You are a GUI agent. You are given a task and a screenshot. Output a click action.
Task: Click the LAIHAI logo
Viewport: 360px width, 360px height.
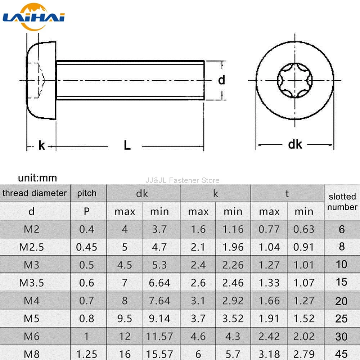33,17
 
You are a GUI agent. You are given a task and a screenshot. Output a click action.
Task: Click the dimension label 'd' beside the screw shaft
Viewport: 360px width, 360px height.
221,80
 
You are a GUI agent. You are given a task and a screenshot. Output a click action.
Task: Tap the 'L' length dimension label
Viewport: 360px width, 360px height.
127,145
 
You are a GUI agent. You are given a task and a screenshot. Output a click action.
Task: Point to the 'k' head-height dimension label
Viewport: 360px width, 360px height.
41,145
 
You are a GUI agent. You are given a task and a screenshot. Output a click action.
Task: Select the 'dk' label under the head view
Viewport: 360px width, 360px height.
295,144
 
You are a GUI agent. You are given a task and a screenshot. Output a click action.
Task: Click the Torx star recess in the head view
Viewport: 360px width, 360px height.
295,80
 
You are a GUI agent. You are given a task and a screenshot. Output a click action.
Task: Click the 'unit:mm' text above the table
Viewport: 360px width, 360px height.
37,178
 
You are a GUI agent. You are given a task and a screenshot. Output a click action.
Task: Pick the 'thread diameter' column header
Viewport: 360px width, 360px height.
35,193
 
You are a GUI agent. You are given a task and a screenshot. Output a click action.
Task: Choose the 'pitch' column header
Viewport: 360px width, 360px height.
86,193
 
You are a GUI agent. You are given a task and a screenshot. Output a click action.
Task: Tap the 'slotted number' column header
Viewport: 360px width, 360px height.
342,202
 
